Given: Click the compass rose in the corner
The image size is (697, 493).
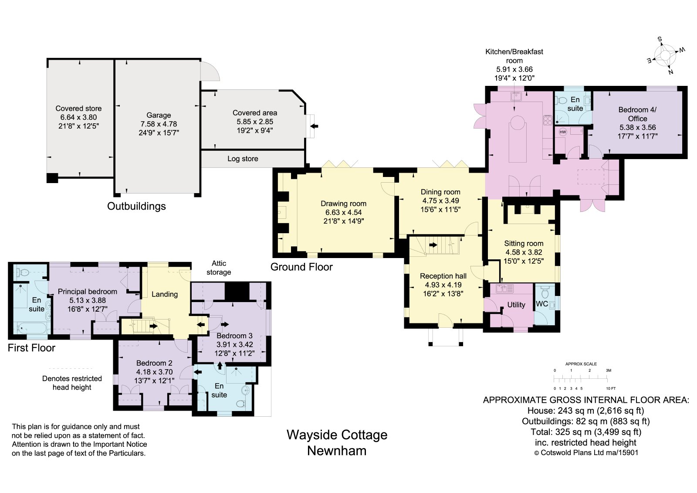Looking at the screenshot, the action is pyautogui.click(x=665, y=56).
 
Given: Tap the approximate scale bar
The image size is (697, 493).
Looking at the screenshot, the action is pyautogui.click(x=581, y=379).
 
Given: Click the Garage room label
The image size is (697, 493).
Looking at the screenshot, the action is pyautogui.click(x=159, y=115).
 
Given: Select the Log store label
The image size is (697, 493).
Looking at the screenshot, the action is pyautogui.click(x=243, y=159).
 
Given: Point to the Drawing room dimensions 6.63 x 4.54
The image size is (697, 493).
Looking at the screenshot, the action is pyautogui.click(x=344, y=212).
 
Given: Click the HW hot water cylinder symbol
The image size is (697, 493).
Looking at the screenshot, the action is pyautogui.click(x=562, y=132).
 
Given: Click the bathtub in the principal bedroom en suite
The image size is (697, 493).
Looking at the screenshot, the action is pyautogui.click(x=32, y=329).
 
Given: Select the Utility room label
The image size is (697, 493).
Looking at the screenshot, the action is pyautogui.click(x=516, y=305).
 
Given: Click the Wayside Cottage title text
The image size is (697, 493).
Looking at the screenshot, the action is pyautogui.click(x=337, y=435).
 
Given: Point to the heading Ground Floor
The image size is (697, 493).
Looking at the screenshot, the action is pyautogui.click(x=301, y=267).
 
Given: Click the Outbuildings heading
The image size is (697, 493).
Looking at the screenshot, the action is pyautogui.click(x=136, y=206).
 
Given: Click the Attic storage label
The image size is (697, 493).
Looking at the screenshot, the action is pyautogui.click(x=219, y=268).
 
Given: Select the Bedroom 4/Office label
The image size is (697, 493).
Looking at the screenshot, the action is pyautogui.click(x=637, y=114).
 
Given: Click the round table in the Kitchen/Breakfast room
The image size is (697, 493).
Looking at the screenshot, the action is pyautogui.click(x=518, y=122).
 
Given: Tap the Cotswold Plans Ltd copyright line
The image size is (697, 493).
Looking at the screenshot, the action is pyautogui.click(x=586, y=453).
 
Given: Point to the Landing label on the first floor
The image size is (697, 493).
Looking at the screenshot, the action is pyautogui.click(x=165, y=294).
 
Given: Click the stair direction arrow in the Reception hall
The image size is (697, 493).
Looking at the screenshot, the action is pyautogui.click(x=433, y=245).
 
